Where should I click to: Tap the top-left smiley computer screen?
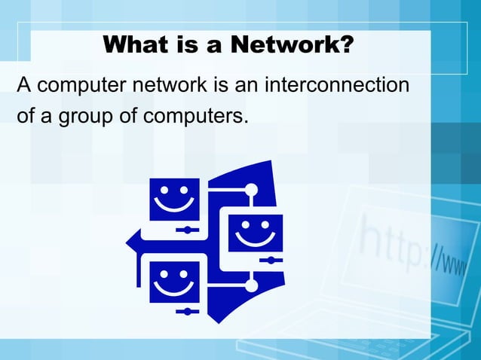[x=174, y=199]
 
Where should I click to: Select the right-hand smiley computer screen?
[x=255, y=233]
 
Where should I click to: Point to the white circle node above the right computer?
[x=251, y=189]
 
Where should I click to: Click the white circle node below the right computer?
[x=251, y=283]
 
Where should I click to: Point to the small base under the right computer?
[x=269, y=260]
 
